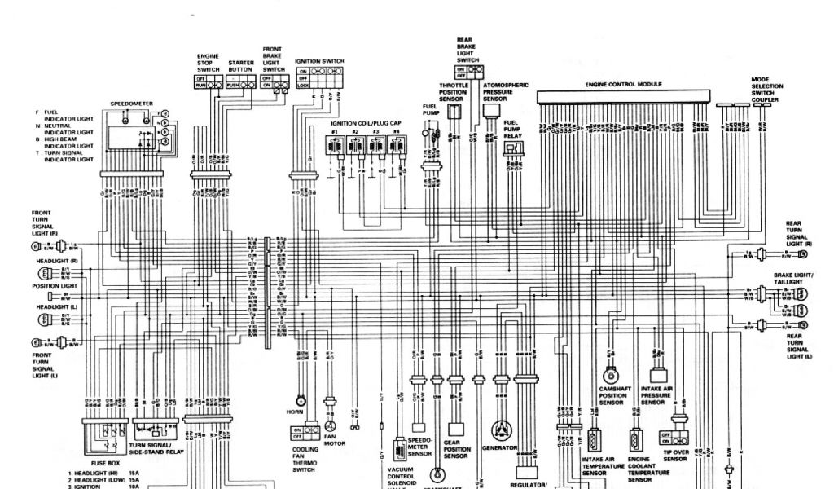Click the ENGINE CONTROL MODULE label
point(623,84)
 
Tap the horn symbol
point(301,400)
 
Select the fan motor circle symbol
point(331,425)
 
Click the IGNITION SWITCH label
point(319,61)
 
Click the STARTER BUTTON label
point(241,66)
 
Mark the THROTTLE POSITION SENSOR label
point(454,91)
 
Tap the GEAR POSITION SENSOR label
point(454,450)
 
